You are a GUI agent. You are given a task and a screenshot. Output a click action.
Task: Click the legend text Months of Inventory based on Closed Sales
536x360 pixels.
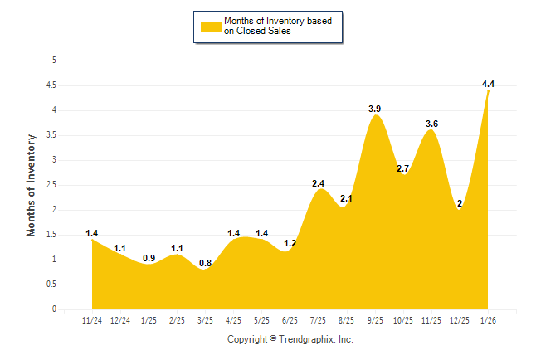tap(278, 26)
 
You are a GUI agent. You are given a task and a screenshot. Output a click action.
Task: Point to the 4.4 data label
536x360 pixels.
tap(488, 84)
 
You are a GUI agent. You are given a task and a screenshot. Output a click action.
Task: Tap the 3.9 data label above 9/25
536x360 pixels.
tap(375, 109)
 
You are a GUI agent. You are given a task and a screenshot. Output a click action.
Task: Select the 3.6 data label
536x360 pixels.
tap(431, 124)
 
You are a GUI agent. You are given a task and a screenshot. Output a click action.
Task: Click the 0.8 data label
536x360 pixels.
tap(205, 264)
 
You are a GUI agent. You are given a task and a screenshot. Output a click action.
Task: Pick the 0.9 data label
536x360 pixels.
tap(149, 258)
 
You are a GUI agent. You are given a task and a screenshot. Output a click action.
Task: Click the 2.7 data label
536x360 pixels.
tap(403, 168)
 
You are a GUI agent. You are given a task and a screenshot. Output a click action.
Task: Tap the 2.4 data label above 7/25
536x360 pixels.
tap(319, 183)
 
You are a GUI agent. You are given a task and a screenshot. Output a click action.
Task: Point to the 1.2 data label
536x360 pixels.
tap(290, 243)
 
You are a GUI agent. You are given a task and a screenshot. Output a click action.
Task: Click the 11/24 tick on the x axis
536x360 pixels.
tap(92, 319)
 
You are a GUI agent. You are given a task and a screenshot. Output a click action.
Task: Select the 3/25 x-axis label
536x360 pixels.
tap(205, 319)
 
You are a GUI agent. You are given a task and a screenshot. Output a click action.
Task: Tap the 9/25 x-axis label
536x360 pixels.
tap(375, 319)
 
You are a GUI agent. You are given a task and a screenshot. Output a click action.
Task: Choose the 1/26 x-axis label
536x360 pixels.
tap(488, 319)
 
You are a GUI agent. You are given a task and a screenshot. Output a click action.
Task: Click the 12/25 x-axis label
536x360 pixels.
tap(460, 319)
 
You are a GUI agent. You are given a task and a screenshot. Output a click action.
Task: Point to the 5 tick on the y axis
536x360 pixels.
tap(54, 61)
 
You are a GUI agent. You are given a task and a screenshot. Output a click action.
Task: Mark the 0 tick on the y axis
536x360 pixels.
tap(54, 309)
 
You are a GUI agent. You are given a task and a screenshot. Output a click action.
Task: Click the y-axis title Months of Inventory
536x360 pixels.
tap(32, 185)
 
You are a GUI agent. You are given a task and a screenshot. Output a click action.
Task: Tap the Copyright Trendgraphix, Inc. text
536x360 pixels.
tap(290, 339)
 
